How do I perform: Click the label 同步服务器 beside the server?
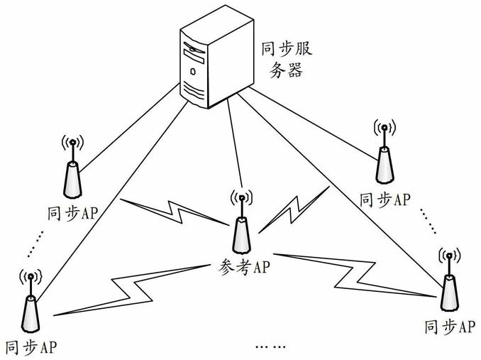coord(287,61)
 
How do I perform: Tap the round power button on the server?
coord(193,72)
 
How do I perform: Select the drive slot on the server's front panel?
coord(194,57)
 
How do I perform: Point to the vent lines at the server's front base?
coord(193,90)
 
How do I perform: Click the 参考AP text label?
coord(245,267)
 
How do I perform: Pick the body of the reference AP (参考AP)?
coord(242,236)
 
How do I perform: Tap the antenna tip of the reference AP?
coord(241,197)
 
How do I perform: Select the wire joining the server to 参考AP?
coord(235,143)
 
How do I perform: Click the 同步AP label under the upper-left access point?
coord(73,213)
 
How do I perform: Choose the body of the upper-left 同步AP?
coord(72,180)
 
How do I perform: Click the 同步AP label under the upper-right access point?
coord(385,200)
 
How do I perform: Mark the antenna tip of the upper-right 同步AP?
coord(384,127)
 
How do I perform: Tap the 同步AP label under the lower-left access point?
coord(31,347)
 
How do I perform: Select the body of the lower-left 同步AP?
coord(31,314)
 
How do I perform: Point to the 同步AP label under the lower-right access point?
coord(450,327)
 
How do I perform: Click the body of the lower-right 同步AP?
coord(449,293)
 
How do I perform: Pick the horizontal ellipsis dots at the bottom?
coord(270,347)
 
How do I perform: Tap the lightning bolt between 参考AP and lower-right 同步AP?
coord(354,276)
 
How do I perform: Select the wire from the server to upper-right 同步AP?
coord(313,124)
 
